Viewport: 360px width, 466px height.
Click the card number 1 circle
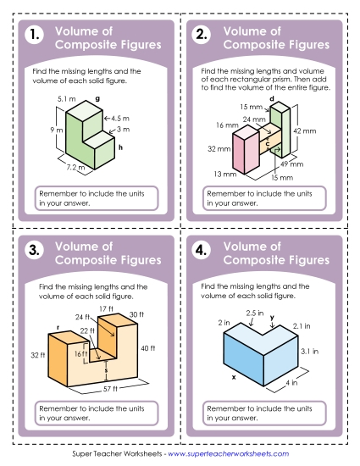pos(33,36)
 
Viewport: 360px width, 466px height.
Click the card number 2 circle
pos(202,36)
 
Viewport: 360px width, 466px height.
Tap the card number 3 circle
pos(33,250)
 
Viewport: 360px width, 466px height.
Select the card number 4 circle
pos(202,250)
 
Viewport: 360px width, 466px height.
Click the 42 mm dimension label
pos(302,130)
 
